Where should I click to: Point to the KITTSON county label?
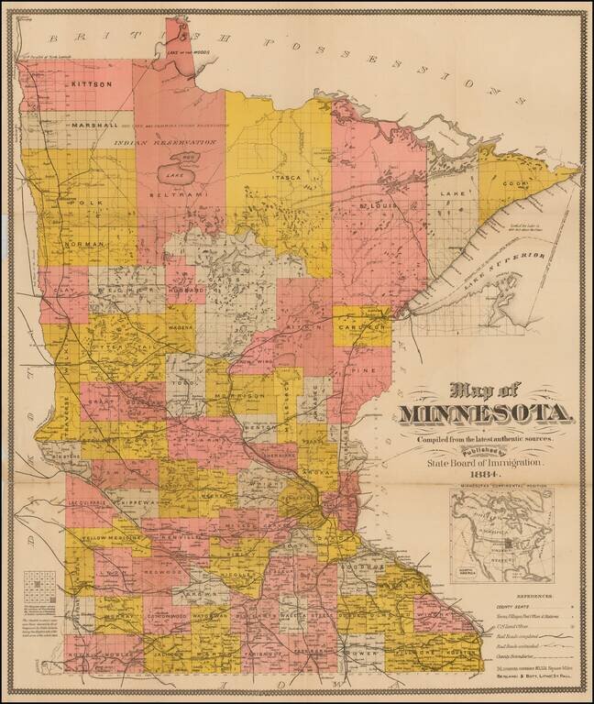[x=92, y=83]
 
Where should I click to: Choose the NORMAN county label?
[x=86, y=245]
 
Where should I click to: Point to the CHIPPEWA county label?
[x=135, y=503]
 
